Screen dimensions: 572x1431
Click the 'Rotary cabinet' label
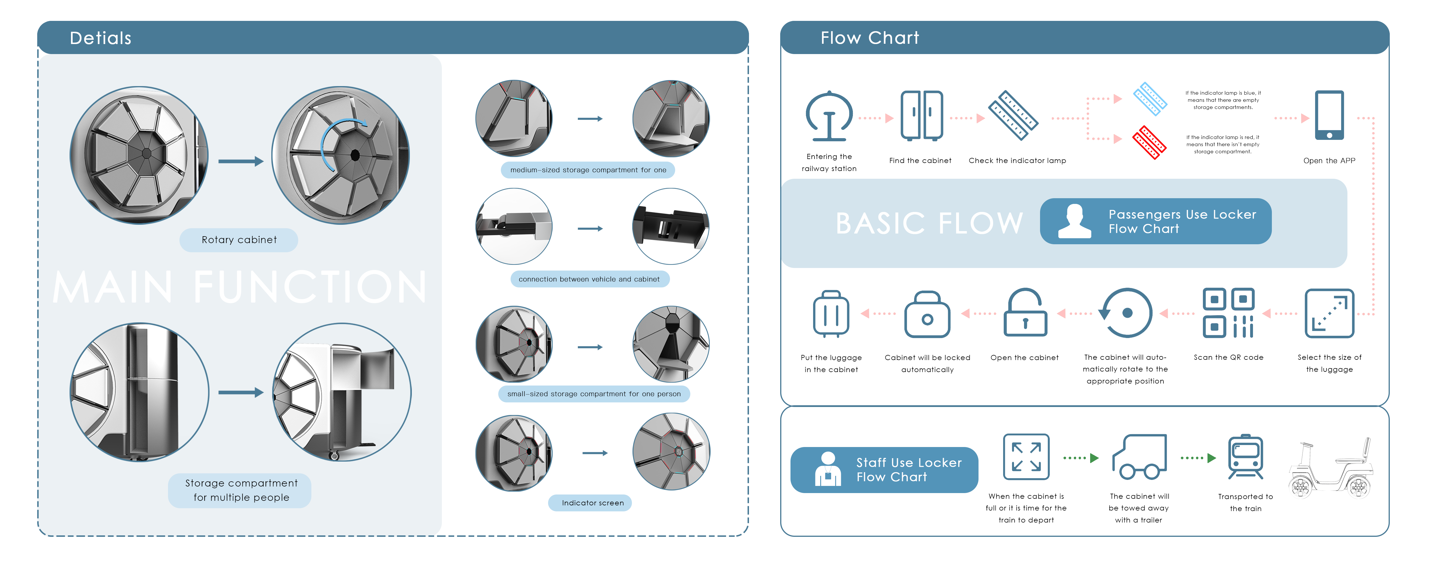click(x=239, y=240)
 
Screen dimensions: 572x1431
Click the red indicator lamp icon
click(x=1149, y=142)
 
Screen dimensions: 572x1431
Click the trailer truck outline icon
click(x=1139, y=457)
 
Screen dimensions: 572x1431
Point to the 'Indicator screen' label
click(x=592, y=503)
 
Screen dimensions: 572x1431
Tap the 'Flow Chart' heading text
click(x=869, y=38)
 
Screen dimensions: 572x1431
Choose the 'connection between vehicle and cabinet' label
click(x=589, y=279)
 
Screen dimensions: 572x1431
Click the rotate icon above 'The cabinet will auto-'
click(x=1125, y=313)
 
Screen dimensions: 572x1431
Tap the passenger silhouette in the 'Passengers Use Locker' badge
click(x=1074, y=222)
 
